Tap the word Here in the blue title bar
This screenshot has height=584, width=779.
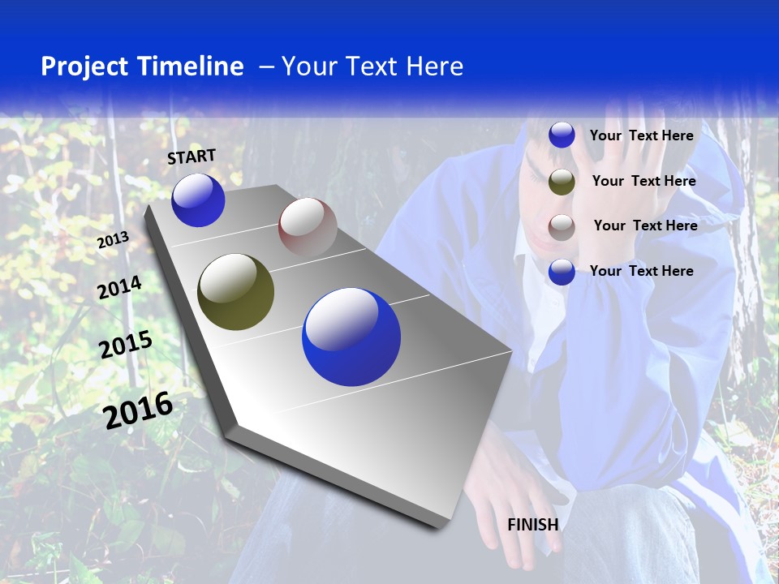click(x=434, y=67)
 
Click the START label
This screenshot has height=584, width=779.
click(x=192, y=157)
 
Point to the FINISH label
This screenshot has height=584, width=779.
click(x=533, y=525)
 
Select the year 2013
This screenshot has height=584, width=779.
click(x=113, y=240)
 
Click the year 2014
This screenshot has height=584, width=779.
click(x=119, y=287)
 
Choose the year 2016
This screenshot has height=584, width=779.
click(x=138, y=410)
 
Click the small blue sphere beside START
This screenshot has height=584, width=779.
click(x=198, y=200)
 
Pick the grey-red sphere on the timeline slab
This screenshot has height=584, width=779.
click(x=308, y=227)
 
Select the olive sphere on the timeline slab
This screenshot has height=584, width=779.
click(x=235, y=292)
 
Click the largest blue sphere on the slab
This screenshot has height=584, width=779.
click(x=351, y=337)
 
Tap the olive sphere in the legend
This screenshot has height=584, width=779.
click(x=562, y=182)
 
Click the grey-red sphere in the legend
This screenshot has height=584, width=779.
click(x=562, y=227)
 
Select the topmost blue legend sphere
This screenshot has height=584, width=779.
click(x=562, y=135)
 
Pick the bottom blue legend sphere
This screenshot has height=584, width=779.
click(x=562, y=272)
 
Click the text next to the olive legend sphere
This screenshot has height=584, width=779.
click(x=643, y=181)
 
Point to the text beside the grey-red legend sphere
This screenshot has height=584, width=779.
click(x=645, y=225)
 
